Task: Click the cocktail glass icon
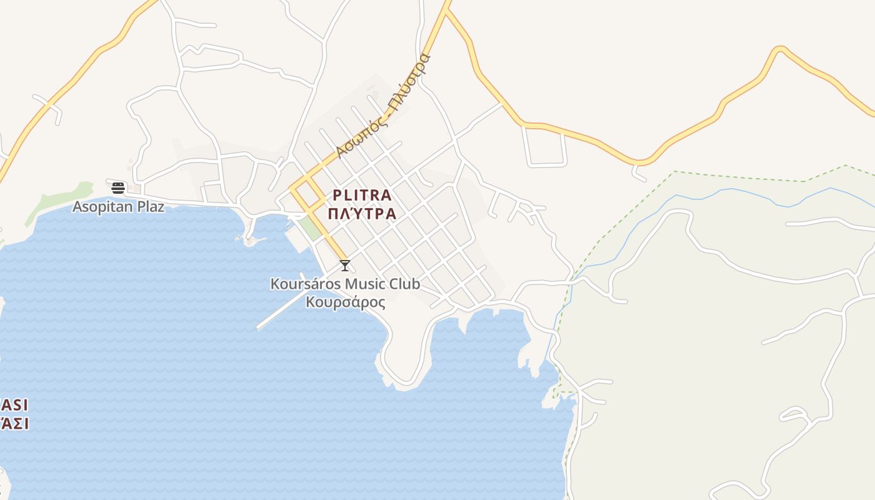click(x=344, y=265)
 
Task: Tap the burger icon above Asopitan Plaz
click(x=118, y=187)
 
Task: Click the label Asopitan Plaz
click(x=119, y=206)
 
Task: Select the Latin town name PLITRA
click(x=362, y=195)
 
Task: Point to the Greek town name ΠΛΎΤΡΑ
click(x=362, y=214)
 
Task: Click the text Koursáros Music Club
click(x=345, y=284)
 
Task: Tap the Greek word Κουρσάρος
click(x=345, y=302)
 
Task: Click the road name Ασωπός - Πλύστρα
click(x=382, y=106)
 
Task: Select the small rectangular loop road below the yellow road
click(x=544, y=147)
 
